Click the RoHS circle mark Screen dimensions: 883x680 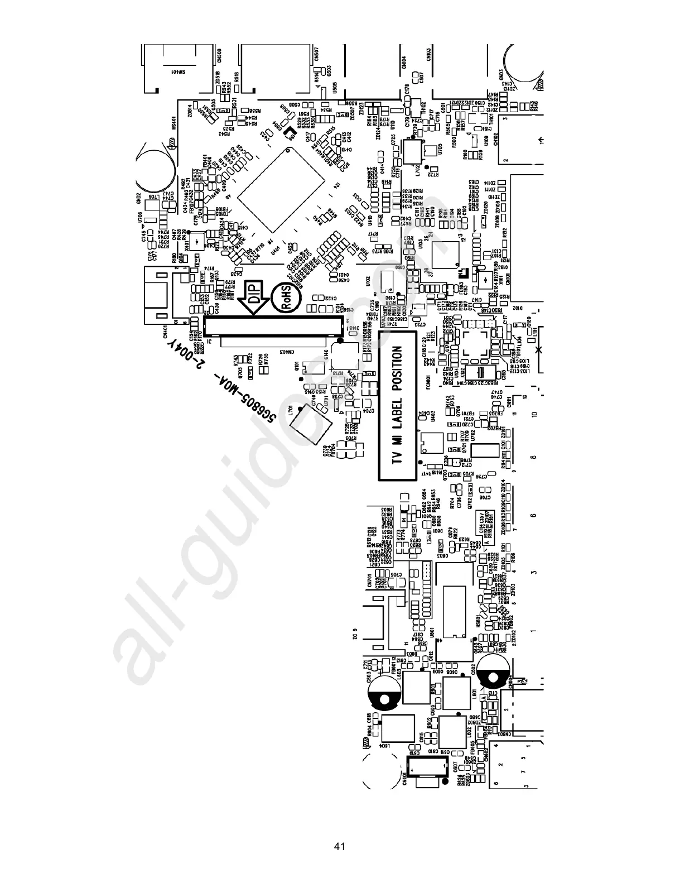[284, 297]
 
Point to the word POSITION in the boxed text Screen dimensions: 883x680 [397, 368]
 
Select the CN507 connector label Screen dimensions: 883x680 [316, 55]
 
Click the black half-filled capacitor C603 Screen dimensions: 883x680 [383, 693]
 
